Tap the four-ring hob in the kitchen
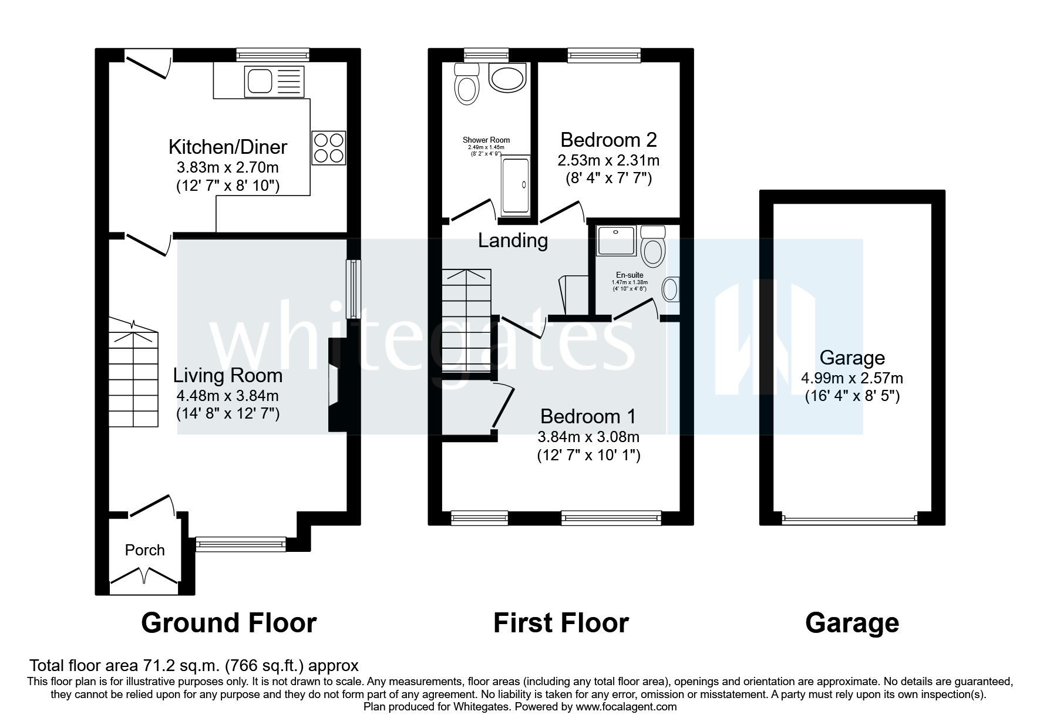(x=329, y=147)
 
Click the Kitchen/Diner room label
(x=228, y=146)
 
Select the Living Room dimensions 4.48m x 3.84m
(x=228, y=396)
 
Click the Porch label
(x=144, y=550)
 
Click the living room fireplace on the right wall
(x=336, y=385)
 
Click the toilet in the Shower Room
(x=467, y=85)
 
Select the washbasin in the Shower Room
(x=507, y=78)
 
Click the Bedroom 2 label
(x=608, y=140)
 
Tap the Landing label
(x=513, y=240)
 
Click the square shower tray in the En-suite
(x=616, y=241)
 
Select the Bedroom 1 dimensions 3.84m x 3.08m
(x=588, y=437)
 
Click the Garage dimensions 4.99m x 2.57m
(x=852, y=378)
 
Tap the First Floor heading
(x=561, y=623)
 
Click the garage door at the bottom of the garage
(x=849, y=519)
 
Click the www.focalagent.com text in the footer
(x=626, y=707)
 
